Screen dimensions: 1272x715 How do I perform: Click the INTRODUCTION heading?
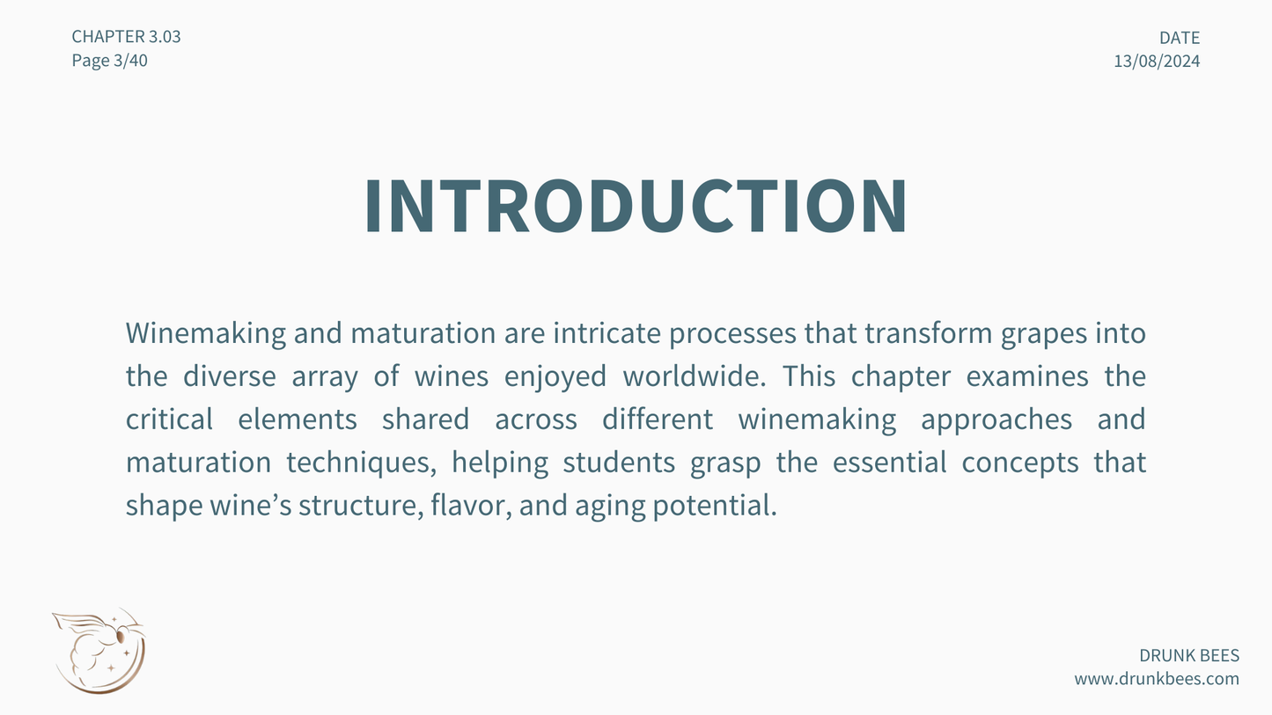coord(636,205)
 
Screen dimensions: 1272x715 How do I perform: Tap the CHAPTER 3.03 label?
coord(126,37)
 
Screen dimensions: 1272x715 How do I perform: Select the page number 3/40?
coord(130,60)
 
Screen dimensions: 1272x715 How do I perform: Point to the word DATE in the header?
coord(1180,38)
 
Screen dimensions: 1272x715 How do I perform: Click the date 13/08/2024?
coord(1157,62)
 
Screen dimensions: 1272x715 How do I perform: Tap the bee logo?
coord(99,651)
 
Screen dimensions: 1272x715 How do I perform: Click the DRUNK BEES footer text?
coord(1189,655)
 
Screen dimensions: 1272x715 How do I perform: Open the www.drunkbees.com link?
coord(1157,679)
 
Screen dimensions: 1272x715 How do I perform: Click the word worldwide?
coord(694,376)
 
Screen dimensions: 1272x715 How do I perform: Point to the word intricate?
coord(607,332)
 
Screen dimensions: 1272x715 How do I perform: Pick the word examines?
coord(1027,376)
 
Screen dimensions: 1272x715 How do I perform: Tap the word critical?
coord(169,419)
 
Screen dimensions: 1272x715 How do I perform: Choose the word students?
coord(619,462)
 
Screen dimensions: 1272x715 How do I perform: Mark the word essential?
coord(889,462)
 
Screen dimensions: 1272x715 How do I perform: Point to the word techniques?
coord(361,463)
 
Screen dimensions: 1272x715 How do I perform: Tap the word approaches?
coord(996,420)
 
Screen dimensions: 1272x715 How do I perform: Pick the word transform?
coord(929,332)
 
